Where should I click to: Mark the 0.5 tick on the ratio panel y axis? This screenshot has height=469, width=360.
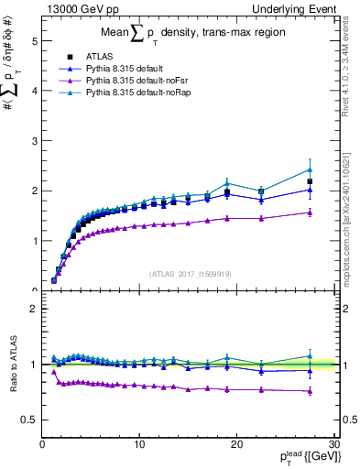(x=30, y=420)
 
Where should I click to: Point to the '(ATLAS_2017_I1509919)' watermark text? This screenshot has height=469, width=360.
(x=190, y=272)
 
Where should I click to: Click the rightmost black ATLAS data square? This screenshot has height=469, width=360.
(x=311, y=181)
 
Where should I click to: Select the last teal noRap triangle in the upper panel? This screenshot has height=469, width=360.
(x=311, y=169)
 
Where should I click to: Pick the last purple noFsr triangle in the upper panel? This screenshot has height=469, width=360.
(x=311, y=213)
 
